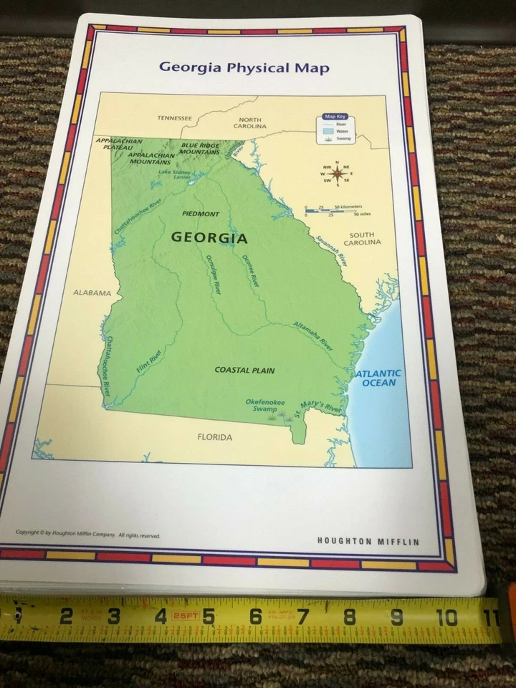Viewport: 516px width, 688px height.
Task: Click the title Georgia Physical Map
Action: pos(244,68)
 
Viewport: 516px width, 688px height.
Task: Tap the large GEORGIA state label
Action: pos(209,238)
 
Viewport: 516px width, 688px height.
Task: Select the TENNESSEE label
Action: pos(175,118)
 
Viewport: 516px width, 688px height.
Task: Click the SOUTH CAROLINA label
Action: pos(362,239)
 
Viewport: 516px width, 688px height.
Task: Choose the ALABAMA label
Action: pos(92,292)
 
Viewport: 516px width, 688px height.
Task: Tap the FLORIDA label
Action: pos(215,436)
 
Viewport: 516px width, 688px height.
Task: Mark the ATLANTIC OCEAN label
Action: pos(378,378)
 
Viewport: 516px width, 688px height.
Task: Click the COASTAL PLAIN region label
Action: pos(244,371)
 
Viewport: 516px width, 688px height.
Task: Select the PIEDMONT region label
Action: pos(201,214)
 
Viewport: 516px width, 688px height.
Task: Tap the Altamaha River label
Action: pos(313,335)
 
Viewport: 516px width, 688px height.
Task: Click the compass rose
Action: pos(336,173)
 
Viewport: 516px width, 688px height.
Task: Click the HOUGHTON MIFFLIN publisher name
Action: pos(368,541)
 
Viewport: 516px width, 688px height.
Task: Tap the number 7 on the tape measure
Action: pos(302,616)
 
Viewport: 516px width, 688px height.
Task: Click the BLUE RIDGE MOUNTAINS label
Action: pos(200,148)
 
